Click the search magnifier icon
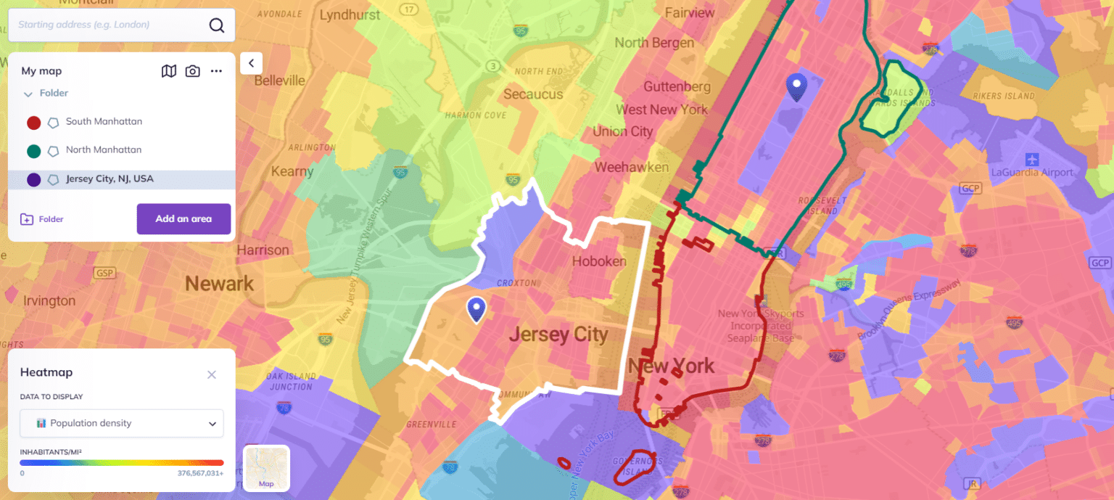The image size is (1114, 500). click(217, 25)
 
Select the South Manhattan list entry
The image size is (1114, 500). click(104, 122)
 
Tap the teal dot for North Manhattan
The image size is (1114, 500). click(33, 151)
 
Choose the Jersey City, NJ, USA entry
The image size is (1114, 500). click(110, 179)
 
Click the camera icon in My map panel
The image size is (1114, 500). click(192, 71)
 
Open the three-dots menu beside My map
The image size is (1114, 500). click(216, 71)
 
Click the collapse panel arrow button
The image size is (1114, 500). click(251, 63)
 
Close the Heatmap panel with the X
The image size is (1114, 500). click(212, 374)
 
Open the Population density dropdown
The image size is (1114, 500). click(122, 423)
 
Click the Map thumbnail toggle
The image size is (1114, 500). click(266, 468)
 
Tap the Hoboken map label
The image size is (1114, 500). click(599, 261)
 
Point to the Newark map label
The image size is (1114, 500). click(219, 283)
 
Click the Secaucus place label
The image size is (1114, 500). click(533, 94)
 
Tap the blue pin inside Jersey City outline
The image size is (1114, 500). click(476, 309)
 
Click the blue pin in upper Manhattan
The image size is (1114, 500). click(797, 87)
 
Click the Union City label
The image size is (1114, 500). click(623, 131)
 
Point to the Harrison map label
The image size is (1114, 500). click(263, 250)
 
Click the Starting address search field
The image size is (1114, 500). click(109, 25)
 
